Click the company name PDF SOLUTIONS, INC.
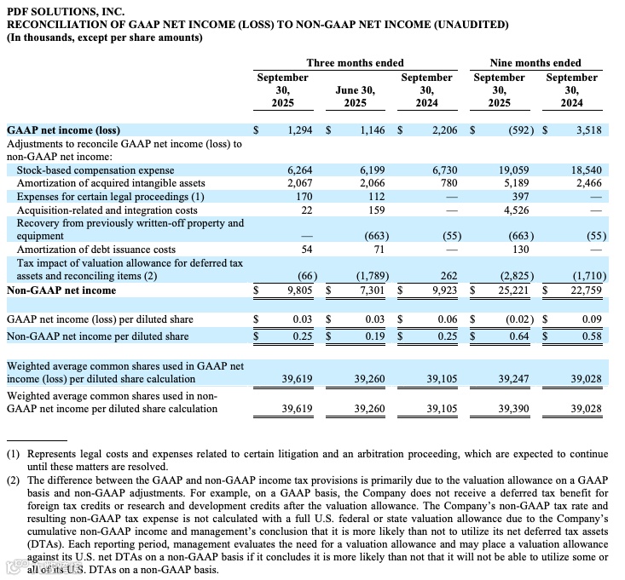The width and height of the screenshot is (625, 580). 66,11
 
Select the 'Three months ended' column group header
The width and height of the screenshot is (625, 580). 355,63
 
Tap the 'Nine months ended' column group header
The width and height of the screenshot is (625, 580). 535,63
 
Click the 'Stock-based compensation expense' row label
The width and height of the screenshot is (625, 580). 95,170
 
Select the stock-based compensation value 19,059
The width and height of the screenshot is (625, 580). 513,170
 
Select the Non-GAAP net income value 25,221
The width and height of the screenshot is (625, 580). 512,290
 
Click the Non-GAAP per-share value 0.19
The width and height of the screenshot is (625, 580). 373,336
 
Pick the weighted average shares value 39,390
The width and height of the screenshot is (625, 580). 513,410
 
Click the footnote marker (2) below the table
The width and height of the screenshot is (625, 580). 13,480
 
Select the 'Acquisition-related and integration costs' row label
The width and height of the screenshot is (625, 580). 107,210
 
